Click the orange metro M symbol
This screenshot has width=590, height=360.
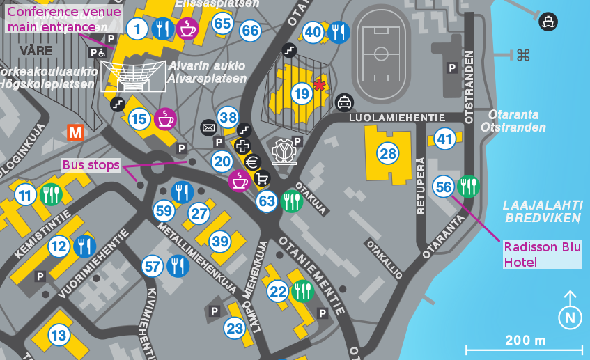[75, 132]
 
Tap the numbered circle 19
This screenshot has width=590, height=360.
[301, 93]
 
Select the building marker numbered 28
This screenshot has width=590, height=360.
[387, 152]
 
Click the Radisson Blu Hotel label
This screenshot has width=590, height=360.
[542, 254]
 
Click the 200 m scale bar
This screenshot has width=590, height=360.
[524, 347]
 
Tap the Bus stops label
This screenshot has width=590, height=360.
[91, 165]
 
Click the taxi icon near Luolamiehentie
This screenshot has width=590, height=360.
[344, 103]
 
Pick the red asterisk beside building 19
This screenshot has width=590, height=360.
[319, 85]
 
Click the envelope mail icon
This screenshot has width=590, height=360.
[208, 127]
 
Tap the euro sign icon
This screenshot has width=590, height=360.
[253, 162]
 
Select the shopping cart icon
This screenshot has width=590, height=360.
[263, 178]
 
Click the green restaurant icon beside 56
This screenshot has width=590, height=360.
[469, 187]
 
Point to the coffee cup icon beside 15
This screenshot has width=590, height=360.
[165, 119]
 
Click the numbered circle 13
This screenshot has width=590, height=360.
[59, 336]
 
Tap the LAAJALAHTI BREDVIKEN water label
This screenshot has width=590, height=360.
[543, 211]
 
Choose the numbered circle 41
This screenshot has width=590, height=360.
[444, 139]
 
